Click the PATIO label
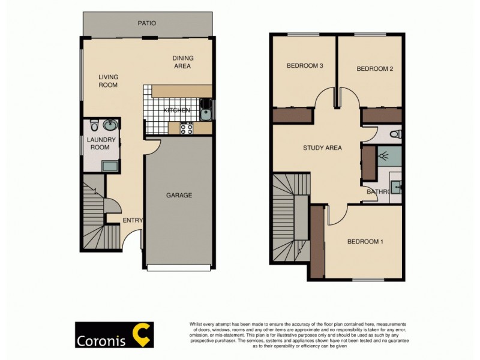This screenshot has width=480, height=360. click(x=146, y=23)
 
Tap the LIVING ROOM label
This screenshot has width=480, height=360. click(x=109, y=81)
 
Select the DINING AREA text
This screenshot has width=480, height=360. click(x=182, y=62)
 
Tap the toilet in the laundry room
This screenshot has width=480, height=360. click(x=94, y=125)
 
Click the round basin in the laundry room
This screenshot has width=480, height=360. click(x=110, y=125)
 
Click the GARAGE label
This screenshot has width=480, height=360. click(x=179, y=195)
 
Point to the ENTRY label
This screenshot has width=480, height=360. click(x=133, y=220)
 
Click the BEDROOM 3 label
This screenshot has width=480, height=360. click(x=305, y=66)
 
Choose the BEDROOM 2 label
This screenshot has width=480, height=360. click(x=375, y=69)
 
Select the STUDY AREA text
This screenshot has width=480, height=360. click(x=322, y=148)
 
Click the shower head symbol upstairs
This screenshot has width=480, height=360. click(x=383, y=156)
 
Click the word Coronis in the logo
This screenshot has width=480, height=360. click(x=100, y=340)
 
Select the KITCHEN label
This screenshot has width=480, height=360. click(x=177, y=110)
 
